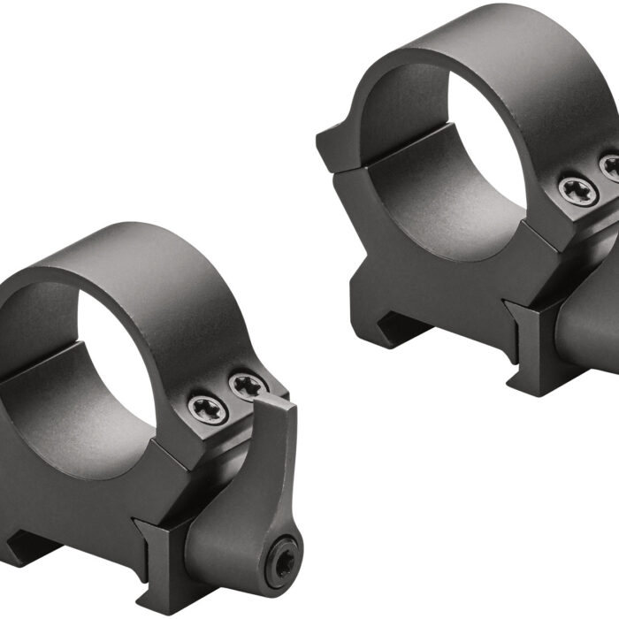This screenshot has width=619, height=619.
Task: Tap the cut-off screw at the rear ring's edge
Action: click(612, 166)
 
